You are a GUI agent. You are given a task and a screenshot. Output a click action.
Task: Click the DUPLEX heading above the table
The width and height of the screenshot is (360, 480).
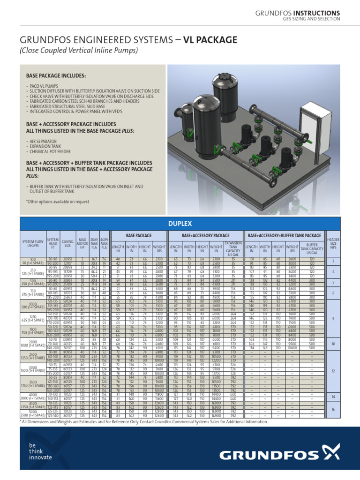pyautogui.click(x=180, y=224)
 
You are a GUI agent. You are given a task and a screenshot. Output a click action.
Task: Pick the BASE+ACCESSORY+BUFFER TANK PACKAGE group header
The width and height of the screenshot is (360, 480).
pyautogui.click(x=285, y=235)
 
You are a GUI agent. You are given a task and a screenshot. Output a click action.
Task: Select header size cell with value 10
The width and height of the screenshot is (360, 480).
pyautogui.click(x=334, y=344)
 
